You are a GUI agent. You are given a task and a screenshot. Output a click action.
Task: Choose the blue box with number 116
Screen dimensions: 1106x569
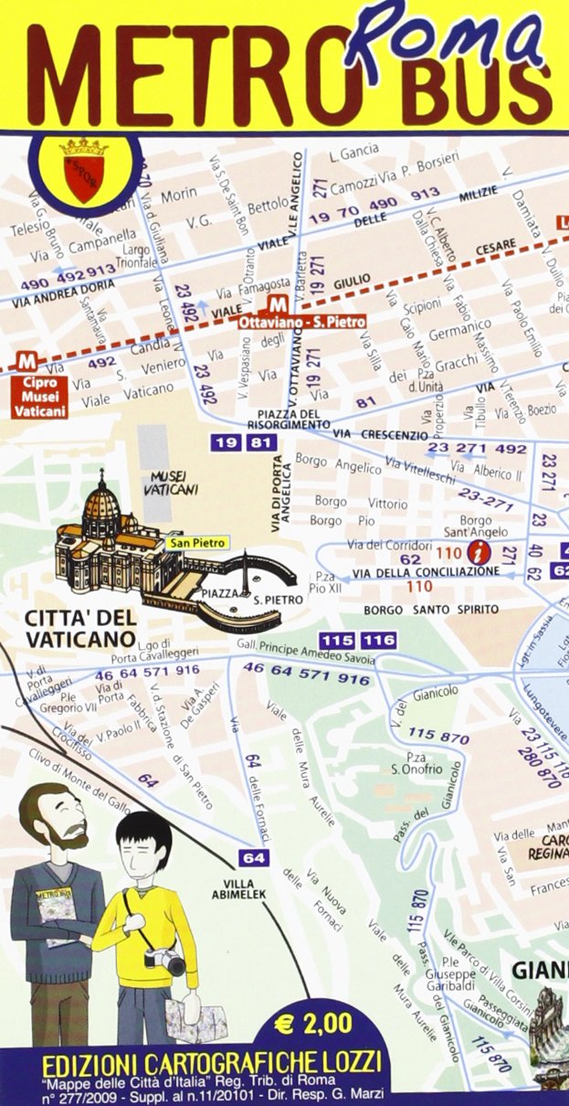coord(378,640)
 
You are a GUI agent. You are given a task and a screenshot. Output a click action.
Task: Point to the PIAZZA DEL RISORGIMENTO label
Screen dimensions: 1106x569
coord(289,420)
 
